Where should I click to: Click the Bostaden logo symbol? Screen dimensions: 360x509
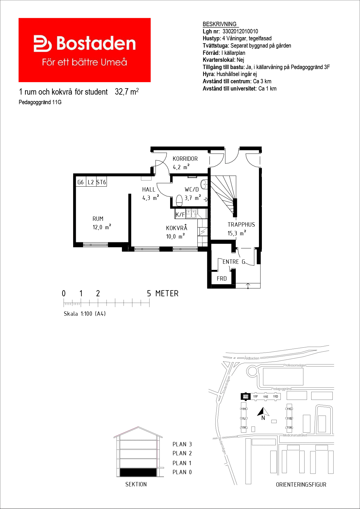[43, 44]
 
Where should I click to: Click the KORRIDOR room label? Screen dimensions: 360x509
[185, 159]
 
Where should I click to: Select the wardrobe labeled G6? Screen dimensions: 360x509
[81, 182]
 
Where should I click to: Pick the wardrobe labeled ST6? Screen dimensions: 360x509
[101, 182]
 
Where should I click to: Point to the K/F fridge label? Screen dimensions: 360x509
[180, 214]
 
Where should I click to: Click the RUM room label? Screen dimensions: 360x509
[98, 219]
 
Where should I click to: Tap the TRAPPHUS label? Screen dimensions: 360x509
[241, 225]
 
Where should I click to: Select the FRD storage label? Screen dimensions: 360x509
[222, 279]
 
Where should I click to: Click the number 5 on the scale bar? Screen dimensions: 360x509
[149, 294]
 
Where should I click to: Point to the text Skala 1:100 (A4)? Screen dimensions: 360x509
[85, 314]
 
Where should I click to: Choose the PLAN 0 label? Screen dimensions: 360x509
[182, 472]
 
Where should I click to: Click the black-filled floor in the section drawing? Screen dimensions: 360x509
[138, 472]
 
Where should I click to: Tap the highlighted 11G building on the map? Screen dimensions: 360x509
[246, 396]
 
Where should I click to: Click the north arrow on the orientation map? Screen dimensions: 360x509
[263, 412]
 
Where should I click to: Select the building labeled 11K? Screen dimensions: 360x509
[244, 427]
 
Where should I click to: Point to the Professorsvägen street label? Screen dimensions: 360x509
[295, 365]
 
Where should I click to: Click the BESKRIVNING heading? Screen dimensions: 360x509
[219, 24]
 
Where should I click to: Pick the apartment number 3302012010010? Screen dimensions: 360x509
[240, 31]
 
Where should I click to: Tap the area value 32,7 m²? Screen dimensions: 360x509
[127, 92]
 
